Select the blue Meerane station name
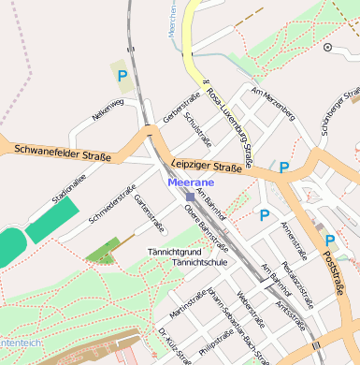pyautogui.click(x=191, y=182)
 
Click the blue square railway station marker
pyautogui.click(x=189, y=197)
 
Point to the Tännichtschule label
pyautogui.click(x=201, y=263)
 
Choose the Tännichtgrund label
pyautogui.click(x=175, y=253)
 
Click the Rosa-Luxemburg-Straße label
pyautogui.click(x=230, y=123)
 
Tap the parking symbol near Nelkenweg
pyautogui.click(x=122, y=75)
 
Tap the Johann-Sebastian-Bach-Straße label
pyautogui.click(x=231, y=324)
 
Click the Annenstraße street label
pyautogui.click(x=295, y=241)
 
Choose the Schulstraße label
pyautogui.click(x=199, y=128)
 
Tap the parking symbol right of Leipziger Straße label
pyautogui.click(x=283, y=168)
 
